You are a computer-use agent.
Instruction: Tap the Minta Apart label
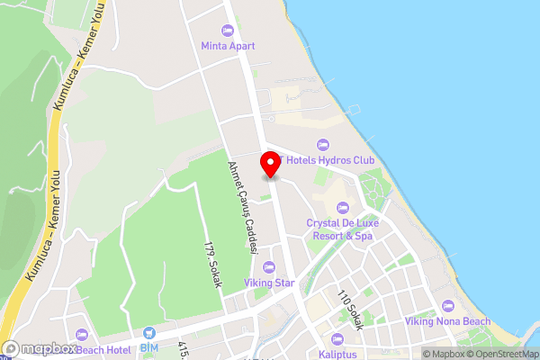pyautogui.click(x=228, y=46)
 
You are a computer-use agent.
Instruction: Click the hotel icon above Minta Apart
pyautogui.click(x=228, y=31)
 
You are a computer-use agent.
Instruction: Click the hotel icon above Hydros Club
pyautogui.click(x=321, y=144)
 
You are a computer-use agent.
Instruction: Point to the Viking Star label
pyautogui.click(x=268, y=282)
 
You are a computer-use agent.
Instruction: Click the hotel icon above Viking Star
pyautogui.click(x=268, y=266)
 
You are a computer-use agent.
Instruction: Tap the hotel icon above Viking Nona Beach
pyautogui.click(x=447, y=306)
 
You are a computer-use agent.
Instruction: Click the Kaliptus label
pyautogui.click(x=337, y=355)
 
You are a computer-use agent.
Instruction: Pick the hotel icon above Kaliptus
pyautogui.click(x=337, y=339)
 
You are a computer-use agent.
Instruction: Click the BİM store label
pyautogui.click(x=148, y=347)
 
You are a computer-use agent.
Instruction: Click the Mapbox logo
pyautogui.click(x=40, y=348)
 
